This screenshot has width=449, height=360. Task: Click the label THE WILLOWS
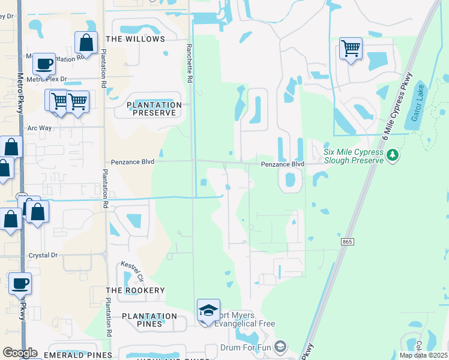pos(135,39)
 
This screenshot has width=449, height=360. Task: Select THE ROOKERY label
pos(135,290)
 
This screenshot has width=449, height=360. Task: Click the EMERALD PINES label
pos(70,355)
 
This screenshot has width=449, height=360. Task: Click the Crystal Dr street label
pos(43,255)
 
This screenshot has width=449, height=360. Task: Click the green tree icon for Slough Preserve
pos(393,156)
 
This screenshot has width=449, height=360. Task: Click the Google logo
pos(20,353)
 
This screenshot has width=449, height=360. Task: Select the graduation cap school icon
pos(208,310)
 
